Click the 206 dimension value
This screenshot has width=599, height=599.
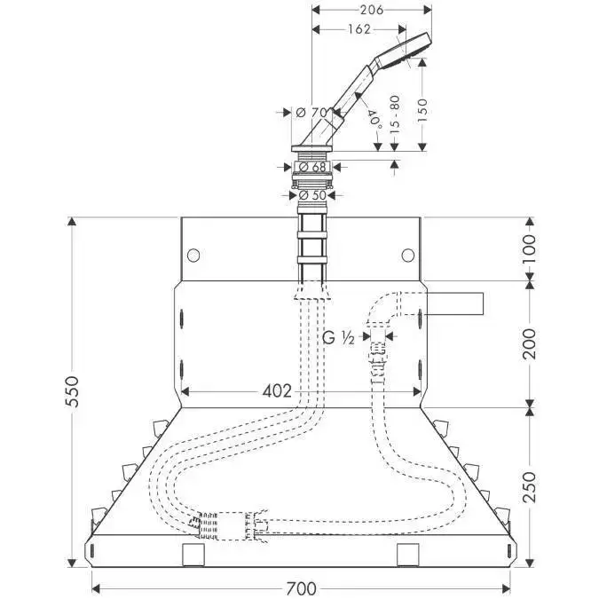tap(373, 11)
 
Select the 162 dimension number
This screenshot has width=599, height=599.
tap(359, 29)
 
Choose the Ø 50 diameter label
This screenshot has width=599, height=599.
tap(312, 194)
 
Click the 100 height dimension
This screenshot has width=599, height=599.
tap(531, 245)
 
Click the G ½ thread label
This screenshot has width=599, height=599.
tap(337, 338)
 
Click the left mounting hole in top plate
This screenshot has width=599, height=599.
tap(193, 254)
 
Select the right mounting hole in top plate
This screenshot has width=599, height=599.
tap(406, 255)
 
